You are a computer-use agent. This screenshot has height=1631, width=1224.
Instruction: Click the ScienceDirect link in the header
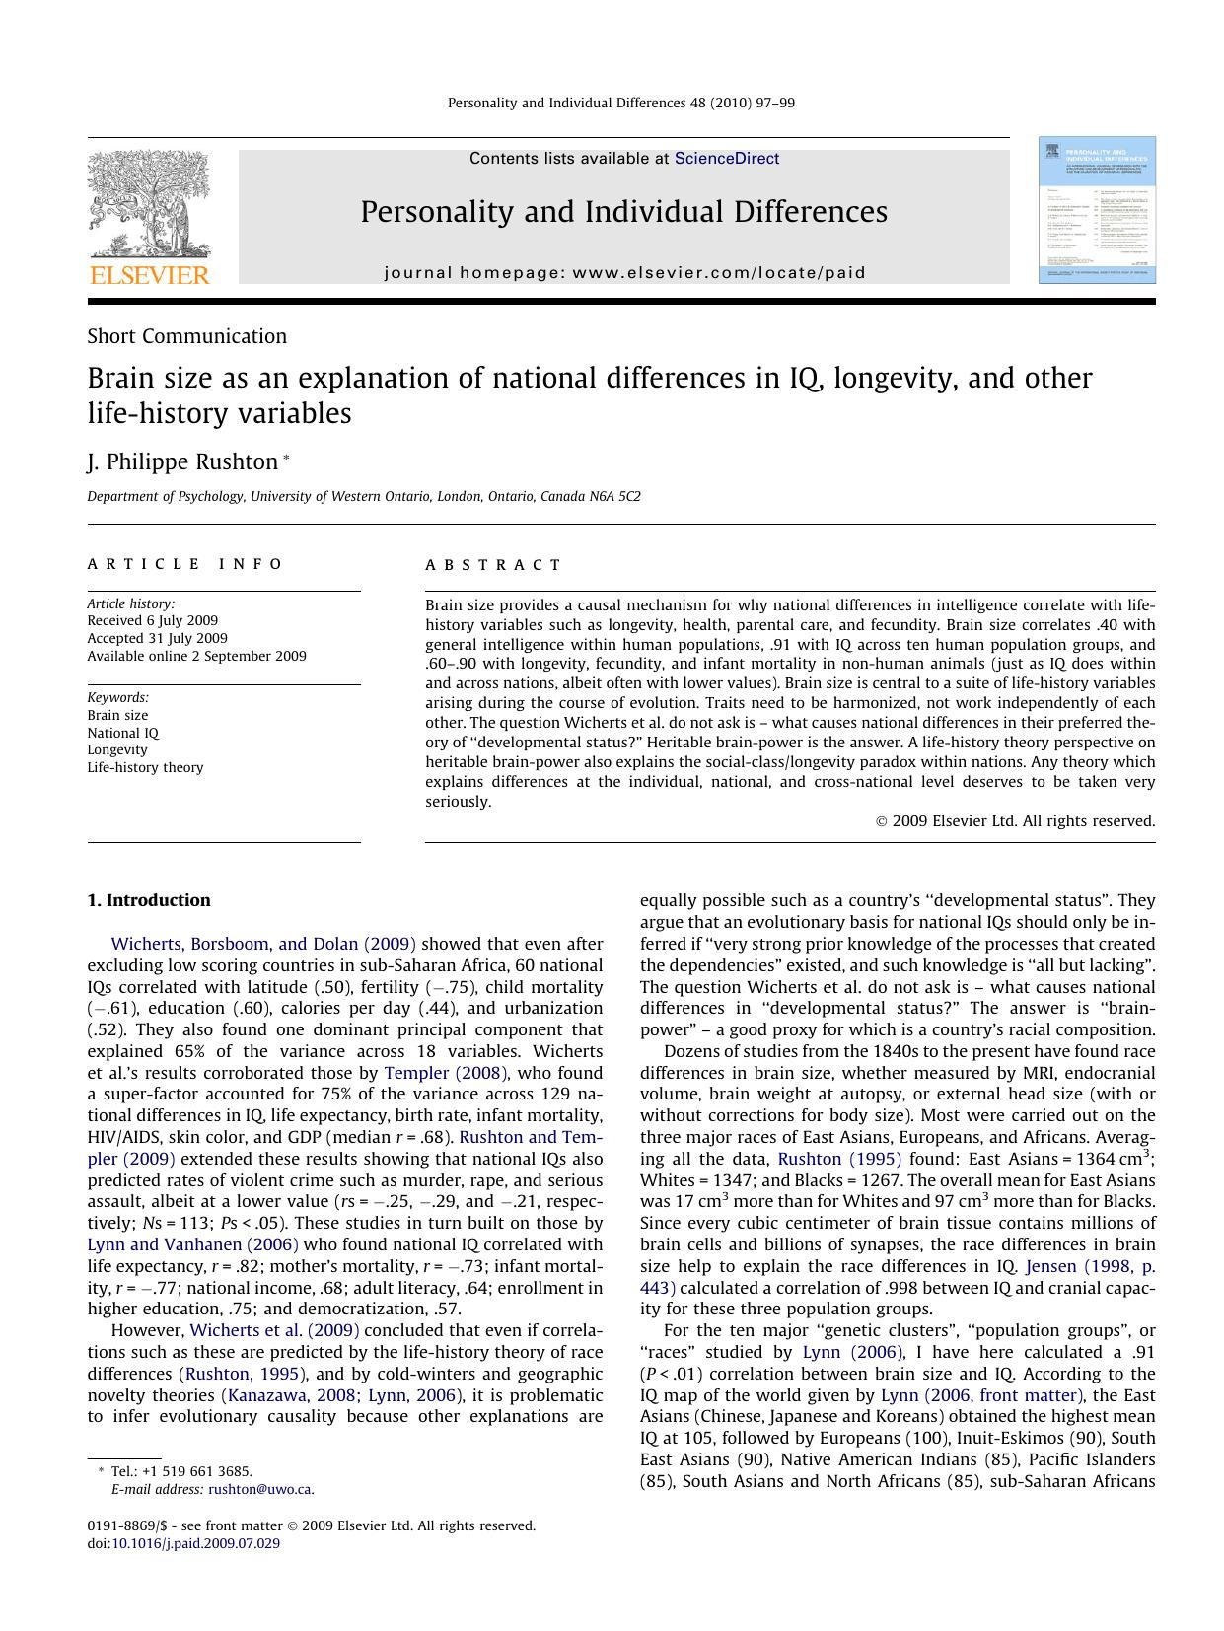pyautogui.click(x=727, y=159)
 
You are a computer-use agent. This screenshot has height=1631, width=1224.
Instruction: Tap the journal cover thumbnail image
pyautogui.click(x=1096, y=210)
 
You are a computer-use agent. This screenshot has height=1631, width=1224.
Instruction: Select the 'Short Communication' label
pyautogui.click(x=187, y=336)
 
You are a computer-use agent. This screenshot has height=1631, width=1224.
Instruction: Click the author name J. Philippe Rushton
pyautogui.click(x=182, y=462)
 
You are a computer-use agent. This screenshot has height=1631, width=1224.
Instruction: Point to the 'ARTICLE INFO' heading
pyautogui.click(x=185, y=564)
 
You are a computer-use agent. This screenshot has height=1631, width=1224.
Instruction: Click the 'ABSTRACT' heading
pyautogui.click(x=493, y=565)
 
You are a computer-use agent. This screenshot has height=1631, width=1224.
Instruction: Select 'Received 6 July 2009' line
pyautogui.click(x=152, y=621)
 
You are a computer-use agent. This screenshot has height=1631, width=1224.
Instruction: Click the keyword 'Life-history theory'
pyautogui.click(x=145, y=768)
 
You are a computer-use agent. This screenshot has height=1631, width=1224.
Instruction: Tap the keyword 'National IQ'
pyautogui.click(x=122, y=734)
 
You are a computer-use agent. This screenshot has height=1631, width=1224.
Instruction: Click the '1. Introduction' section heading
pyautogui.click(x=149, y=900)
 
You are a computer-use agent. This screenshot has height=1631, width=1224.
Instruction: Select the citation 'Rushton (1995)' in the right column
pyautogui.click(x=839, y=1160)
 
